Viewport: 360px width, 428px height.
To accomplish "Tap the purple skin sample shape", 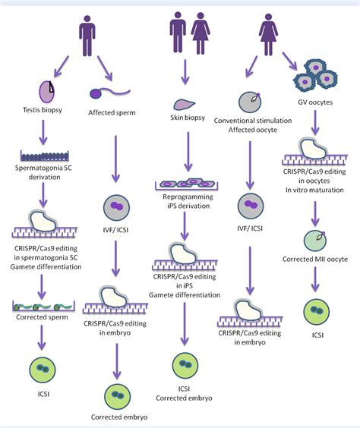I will coord(182,104).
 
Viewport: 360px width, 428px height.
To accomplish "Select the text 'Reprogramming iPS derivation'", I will coord(183,202).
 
